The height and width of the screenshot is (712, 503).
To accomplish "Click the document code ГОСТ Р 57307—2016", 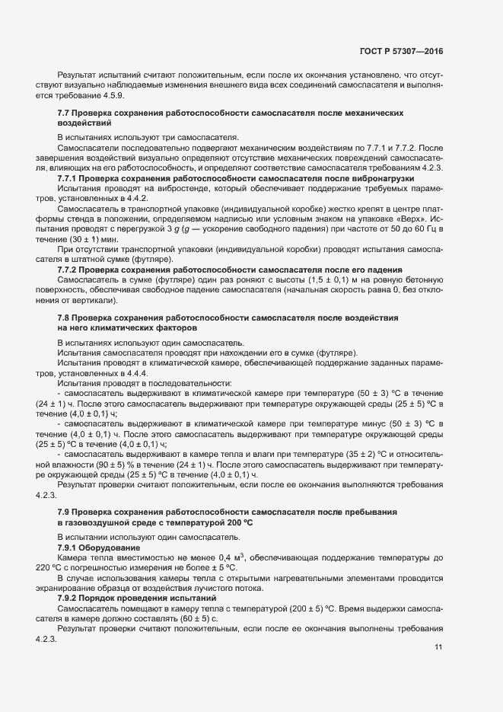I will (401, 51).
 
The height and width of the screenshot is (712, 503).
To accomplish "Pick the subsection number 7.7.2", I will (69, 270).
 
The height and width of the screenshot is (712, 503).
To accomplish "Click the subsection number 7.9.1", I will (69, 548).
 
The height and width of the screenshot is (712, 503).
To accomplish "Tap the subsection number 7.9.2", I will (69, 598).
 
